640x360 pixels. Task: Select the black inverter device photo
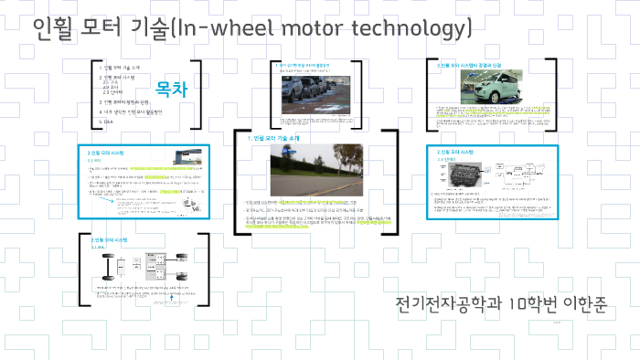(459, 177)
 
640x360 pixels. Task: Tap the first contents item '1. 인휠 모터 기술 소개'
(122, 69)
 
